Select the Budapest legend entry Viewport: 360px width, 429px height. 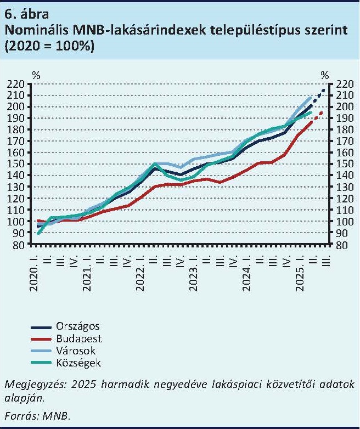(x=77, y=339)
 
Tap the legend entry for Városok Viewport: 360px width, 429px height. (x=75, y=351)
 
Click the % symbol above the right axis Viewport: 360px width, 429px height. (x=325, y=75)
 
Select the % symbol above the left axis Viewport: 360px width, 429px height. (x=36, y=75)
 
